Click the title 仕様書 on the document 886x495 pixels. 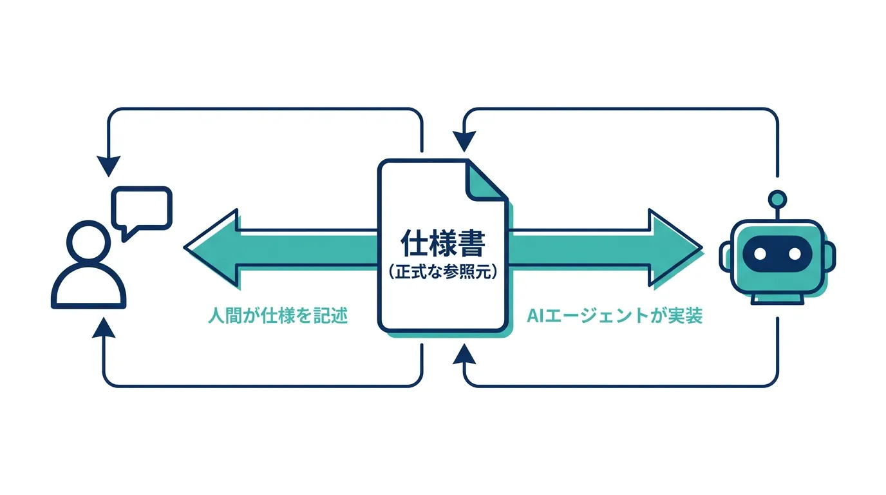443,243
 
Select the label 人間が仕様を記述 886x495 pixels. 278,316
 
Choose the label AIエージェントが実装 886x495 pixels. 615,316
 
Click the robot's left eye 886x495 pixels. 760,254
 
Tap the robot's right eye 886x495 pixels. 795,254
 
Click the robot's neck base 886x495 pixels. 778,299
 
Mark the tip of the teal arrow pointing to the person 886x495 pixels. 185,248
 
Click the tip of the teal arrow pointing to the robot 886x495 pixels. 701,248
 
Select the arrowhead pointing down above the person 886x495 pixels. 108,166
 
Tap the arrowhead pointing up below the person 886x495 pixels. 104,328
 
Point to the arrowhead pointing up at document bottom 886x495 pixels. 464,354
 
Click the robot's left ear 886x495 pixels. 726,257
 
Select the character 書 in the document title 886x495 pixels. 472,243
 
